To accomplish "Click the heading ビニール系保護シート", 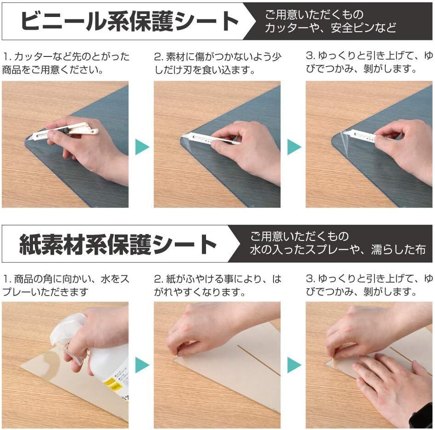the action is click(129, 22).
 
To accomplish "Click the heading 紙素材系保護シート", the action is click(117, 244).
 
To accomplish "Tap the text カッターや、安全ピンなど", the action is click(330, 28).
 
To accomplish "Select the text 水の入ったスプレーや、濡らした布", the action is click(338, 250).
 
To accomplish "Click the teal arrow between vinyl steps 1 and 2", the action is click(142, 147).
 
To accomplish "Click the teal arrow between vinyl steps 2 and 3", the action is click(294, 147).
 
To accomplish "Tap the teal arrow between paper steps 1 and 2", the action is click(142, 365).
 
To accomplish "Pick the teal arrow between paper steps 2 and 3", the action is click(294, 365).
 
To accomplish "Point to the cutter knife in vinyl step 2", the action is click(211, 139).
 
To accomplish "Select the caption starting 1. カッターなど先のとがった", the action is click(66, 63).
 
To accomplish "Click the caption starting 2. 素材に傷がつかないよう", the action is click(218, 63).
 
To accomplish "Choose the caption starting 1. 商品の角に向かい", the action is click(66, 285).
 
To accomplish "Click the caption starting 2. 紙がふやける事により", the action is click(218, 285).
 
